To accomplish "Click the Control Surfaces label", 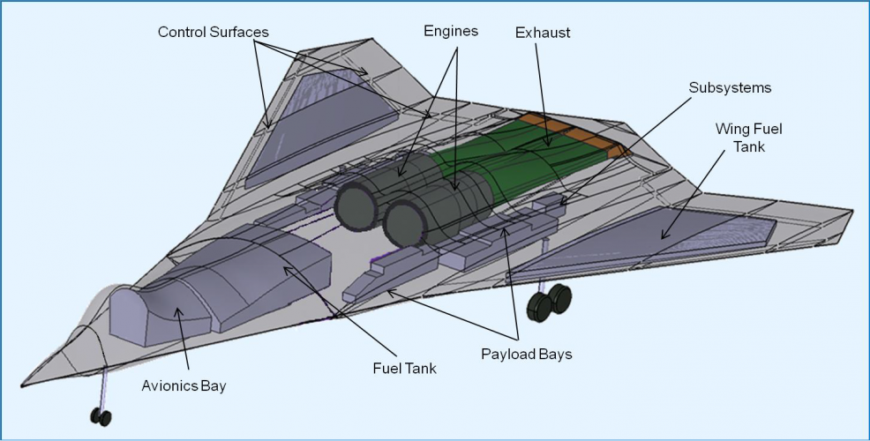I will tap(213, 33).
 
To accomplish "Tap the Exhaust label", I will tap(543, 33).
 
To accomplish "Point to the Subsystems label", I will tap(730, 88).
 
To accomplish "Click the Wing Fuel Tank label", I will tap(748, 138).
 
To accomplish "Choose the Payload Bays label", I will tap(526, 355).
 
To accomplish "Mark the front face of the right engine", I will tap(405, 225).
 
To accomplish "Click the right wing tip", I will tap(850, 213).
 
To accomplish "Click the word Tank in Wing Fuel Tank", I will tap(748, 146).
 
